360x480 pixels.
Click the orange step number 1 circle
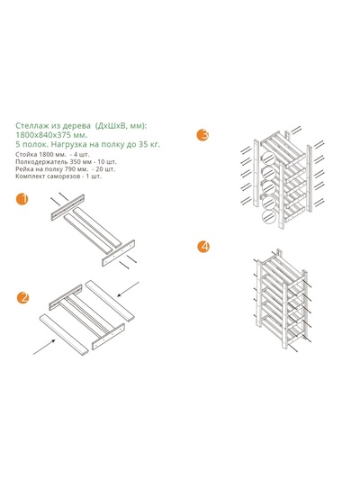pyautogui.click(x=22, y=199)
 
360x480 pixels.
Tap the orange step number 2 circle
pyautogui.click(x=22, y=297)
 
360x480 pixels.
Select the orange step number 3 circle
pyautogui.click(x=202, y=135)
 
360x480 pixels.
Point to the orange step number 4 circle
pyautogui.click(x=203, y=247)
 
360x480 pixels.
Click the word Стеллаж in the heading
pyautogui.click(x=28, y=125)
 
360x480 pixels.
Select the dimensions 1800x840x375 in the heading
pyautogui.click(x=46, y=135)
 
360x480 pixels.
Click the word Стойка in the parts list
pyautogui.click(x=23, y=154)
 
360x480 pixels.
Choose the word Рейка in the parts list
pyautogui.click(x=22, y=169)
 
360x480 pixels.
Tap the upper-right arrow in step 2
pyautogui.click(x=129, y=289)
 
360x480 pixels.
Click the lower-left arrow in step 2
pyautogui.click(x=44, y=347)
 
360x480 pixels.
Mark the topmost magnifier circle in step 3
pyautogui.click(x=268, y=158)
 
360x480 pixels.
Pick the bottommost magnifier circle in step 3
pyautogui.click(x=269, y=217)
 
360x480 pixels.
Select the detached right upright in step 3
pyautogui.click(x=310, y=178)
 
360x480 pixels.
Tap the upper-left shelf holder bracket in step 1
pyautogui.click(x=67, y=207)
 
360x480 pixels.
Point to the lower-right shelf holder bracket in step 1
pyautogui.click(x=119, y=253)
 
